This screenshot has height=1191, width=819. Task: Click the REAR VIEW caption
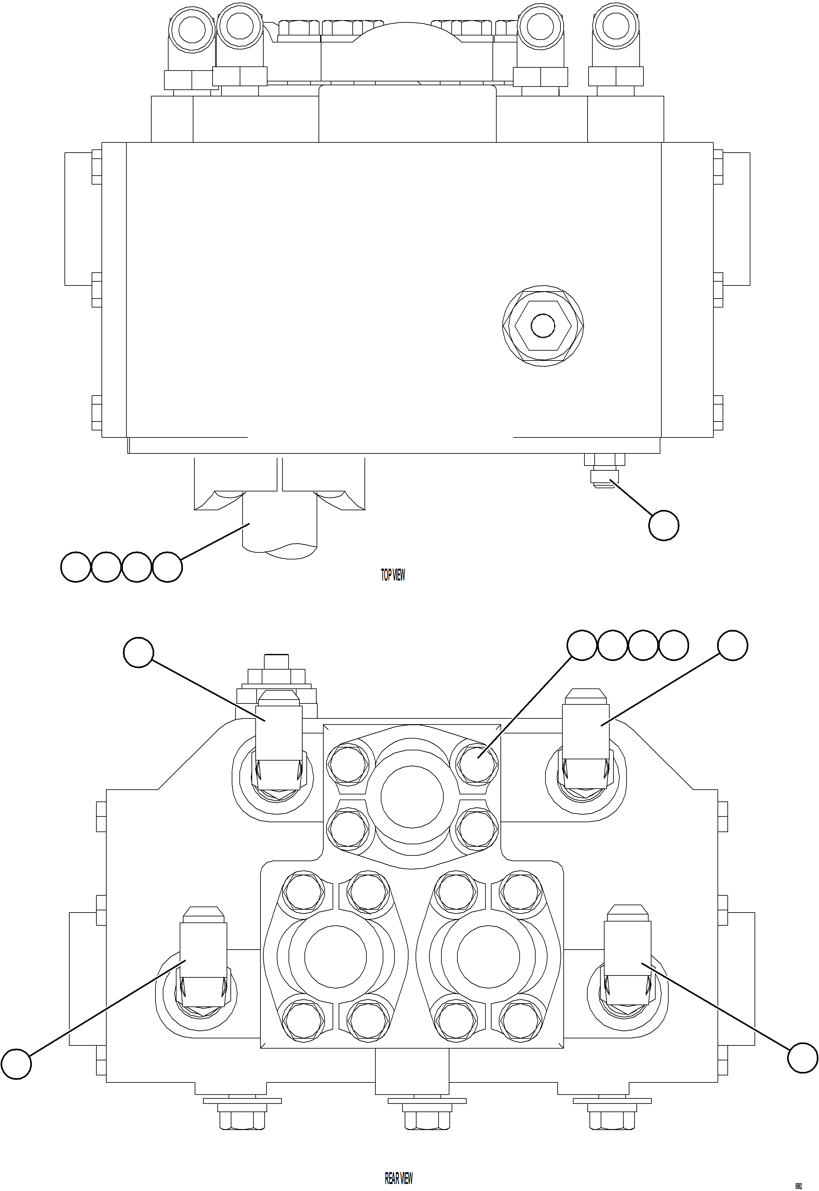point(398,1178)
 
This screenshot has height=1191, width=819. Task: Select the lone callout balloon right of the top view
point(664,525)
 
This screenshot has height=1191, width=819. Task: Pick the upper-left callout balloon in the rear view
point(139,652)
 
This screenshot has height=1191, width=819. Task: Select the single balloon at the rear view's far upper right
point(732,645)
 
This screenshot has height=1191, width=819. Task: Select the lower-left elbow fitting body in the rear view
point(203,949)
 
